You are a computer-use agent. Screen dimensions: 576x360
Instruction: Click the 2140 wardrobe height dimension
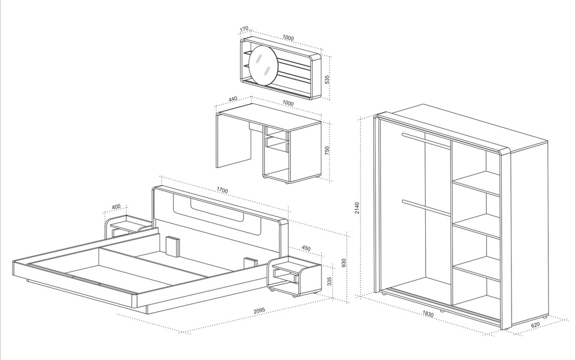[x=357, y=209]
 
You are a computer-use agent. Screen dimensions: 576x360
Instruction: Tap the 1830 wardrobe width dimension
[x=427, y=314]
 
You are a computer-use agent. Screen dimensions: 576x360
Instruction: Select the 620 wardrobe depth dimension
[x=535, y=325]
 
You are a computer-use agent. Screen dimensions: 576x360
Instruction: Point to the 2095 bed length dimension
[x=259, y=310]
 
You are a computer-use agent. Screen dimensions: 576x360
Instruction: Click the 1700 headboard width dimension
[x=222, y=190]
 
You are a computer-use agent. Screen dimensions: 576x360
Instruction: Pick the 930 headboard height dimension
[x=343, y=263]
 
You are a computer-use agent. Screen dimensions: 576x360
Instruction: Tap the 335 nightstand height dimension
[x=329, y=281]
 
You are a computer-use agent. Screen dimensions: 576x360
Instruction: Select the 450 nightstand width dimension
[x=306, y=248]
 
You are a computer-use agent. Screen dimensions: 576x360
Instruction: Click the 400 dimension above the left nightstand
[x=116, y=207]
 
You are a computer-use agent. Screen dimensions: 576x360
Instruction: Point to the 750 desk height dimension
[x=327, y=150]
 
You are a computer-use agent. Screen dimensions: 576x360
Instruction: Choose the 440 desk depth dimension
[x=233, y=99]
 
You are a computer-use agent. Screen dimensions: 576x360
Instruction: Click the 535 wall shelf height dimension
[x=327, y=79]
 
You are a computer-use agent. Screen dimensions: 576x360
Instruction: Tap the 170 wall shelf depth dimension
[x=244, y=29]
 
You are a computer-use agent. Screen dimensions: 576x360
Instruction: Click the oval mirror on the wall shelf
[x=263, y=66]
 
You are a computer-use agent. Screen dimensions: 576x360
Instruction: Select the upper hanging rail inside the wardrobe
[x=426, y=141]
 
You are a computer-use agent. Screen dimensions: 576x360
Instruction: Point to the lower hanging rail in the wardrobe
[x=426, y=208]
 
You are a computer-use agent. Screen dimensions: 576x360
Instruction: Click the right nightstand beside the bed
[x=294, y=276]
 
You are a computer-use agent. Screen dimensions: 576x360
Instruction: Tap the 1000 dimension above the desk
[x=288, y=104]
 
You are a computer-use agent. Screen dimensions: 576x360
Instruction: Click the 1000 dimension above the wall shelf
[x=288, y=37]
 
